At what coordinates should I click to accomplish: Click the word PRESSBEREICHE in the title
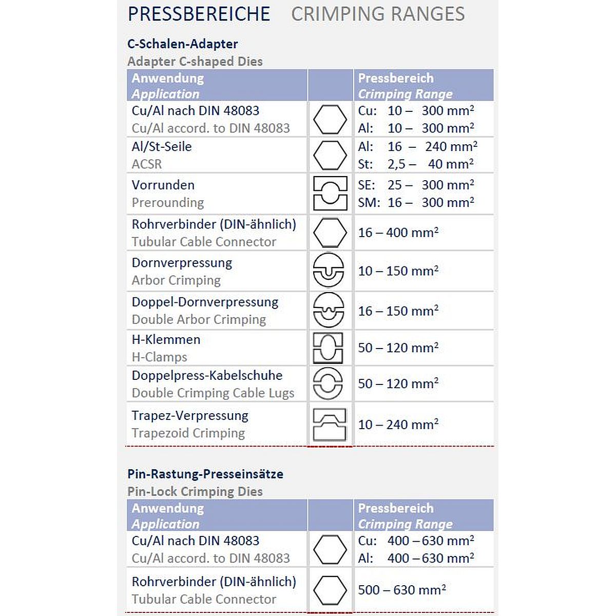[199, 14]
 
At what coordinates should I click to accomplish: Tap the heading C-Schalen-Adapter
[182, 44]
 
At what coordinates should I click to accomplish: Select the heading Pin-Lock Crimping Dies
[195, 491]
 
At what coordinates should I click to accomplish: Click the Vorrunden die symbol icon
[330, 194]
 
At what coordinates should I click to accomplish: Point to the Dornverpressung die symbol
[329, 271]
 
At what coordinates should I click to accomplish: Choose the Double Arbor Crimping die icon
[329, 310]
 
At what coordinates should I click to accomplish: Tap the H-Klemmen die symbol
[329, 348]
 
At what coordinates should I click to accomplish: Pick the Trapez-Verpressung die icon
[329, 424]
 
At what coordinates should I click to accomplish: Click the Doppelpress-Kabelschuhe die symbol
[328, 383]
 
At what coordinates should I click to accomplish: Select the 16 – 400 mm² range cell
[398, 233]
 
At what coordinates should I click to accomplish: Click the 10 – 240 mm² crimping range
[398, 425]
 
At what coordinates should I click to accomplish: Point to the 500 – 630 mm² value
[401, 590]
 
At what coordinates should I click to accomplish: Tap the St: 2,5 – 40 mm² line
[416, 164]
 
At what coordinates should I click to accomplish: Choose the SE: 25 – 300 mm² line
[416, 185]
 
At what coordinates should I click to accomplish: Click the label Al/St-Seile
[162, 147]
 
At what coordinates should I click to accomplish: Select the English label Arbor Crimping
[176, 280]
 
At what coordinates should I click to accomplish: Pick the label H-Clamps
[159, 357]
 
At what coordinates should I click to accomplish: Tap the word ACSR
[147, 164]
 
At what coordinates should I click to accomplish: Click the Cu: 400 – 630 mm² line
[416, 541]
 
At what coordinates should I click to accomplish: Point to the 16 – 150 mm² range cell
[398, 311]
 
